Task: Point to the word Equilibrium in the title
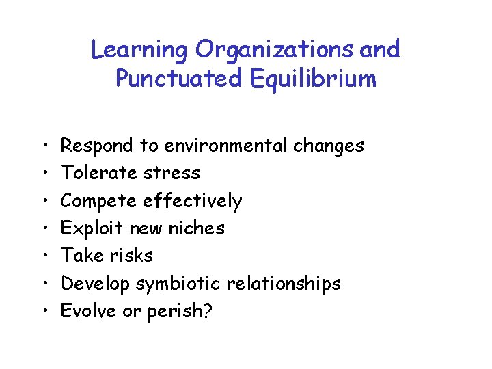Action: [315, 79]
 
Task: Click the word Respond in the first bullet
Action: [98, 146]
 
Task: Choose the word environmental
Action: [225, 146]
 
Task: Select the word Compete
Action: [98, 201]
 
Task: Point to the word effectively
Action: [192, 201]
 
